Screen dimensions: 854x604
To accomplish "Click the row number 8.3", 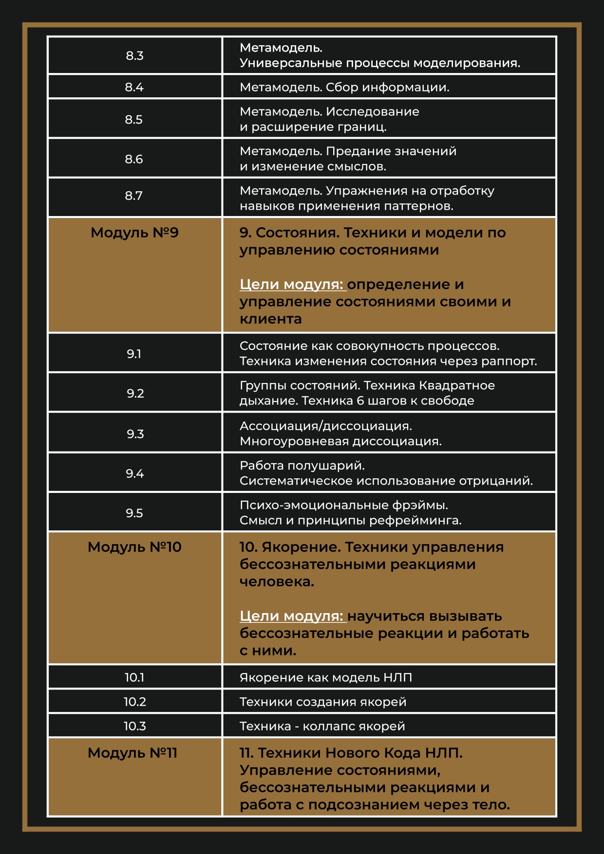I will tap(134, 55).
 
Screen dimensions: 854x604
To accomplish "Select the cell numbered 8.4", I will tap(134, 87).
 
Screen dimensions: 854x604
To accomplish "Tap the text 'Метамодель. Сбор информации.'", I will tap(344, 87).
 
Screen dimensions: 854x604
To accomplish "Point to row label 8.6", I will tap(134, 159).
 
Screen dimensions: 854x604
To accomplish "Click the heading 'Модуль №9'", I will tap(134, 233).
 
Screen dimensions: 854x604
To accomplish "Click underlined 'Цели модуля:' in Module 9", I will tap(292, 284).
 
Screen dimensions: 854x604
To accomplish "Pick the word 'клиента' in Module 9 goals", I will tap(270, 319).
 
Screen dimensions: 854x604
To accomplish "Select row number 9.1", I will tap(134, 354).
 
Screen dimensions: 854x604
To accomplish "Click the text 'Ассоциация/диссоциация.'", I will tap(325, 426).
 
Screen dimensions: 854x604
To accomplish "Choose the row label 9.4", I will tap(134, 473).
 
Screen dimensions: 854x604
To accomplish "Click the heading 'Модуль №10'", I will tap(134, 547).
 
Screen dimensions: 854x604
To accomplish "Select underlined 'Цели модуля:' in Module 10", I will tap(292, 616).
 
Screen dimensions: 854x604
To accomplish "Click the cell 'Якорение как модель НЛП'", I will tap(325, 677).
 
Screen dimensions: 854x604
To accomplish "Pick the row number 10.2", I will tap(134, 702).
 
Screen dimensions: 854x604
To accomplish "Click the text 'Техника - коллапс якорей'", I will tap(322, 726).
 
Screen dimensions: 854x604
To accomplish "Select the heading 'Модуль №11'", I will tap(132, 753).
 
